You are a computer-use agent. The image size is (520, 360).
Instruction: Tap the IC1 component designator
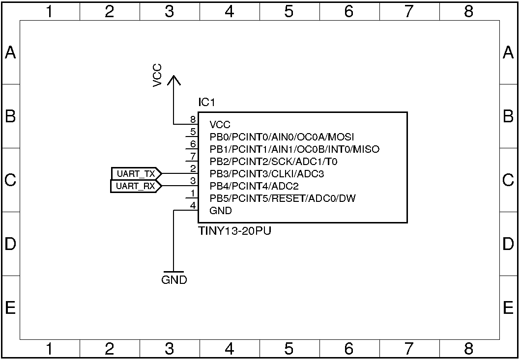click(x=206, y=103)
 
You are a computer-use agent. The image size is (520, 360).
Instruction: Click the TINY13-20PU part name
click(x=234, y=231)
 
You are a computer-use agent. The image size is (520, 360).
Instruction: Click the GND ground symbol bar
click(x=174, y=272)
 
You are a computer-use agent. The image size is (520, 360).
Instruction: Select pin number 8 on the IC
click(x=193, y=120)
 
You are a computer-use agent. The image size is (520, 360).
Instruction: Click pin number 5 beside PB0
click(x=193, y=132)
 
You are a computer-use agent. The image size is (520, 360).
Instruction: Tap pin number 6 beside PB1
click(x=193, y=144)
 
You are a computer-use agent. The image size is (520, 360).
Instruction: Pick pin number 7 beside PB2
click(x=193, y=157)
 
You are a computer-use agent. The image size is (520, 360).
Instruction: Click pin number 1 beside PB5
click(x=193, y=194)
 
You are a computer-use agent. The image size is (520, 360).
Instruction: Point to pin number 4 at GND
click(x=193, y=206)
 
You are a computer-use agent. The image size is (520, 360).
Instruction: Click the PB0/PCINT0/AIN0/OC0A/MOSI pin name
click(x=282, y=137)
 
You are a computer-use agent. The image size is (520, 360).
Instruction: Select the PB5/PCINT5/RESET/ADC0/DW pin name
click(x=283, y=198)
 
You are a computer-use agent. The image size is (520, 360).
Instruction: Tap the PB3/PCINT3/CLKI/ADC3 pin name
click(x=267, y=174)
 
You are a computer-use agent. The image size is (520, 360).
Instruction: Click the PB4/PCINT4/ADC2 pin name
click(x=254, y=186)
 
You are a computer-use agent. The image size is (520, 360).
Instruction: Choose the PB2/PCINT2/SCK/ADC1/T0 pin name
click(x=273, y=162)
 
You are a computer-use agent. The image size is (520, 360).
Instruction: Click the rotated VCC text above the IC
click(x=157, y=75)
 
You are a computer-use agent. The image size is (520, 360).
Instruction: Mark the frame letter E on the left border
click(x=10, y=308)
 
